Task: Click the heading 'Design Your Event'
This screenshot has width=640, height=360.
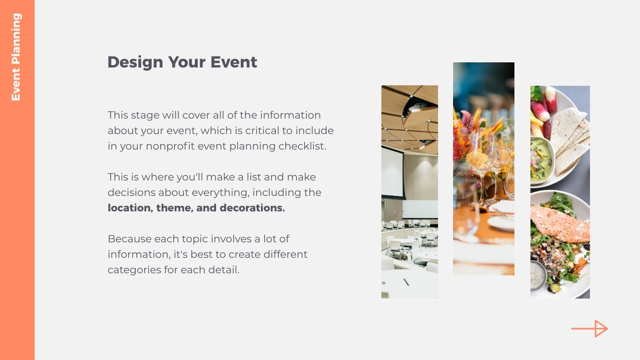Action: click(182, 62)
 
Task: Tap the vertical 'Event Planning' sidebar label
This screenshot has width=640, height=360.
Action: click(16, 57)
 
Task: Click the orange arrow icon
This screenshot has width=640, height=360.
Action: click(589, 329)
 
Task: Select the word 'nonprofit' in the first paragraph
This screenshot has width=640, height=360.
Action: click(170, 146)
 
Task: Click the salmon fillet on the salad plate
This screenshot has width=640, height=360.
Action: click(560, 224)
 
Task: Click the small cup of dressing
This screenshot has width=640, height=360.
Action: click(538, 275)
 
